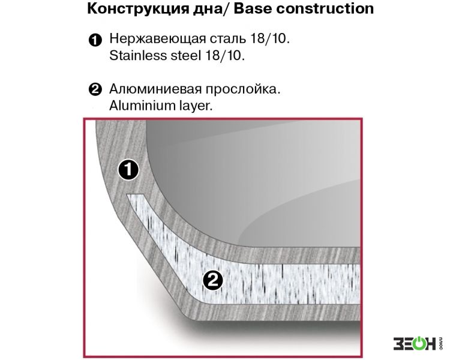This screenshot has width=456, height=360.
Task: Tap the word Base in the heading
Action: coord(253,8)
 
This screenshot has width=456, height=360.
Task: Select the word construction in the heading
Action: coord(325,8)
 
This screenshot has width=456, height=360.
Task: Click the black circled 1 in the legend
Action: coord(95,40)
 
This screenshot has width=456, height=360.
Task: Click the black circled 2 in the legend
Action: coord(95,89)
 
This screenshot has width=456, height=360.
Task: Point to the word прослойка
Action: coord(243,89)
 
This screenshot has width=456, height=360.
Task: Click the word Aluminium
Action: coord(140,105)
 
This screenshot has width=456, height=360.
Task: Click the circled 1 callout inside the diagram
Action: coord(128,170)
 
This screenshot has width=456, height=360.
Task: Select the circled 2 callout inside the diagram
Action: coord(213,280)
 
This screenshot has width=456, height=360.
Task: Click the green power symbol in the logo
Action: coord(418,344)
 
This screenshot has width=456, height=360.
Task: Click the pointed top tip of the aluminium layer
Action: coord(127,195)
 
